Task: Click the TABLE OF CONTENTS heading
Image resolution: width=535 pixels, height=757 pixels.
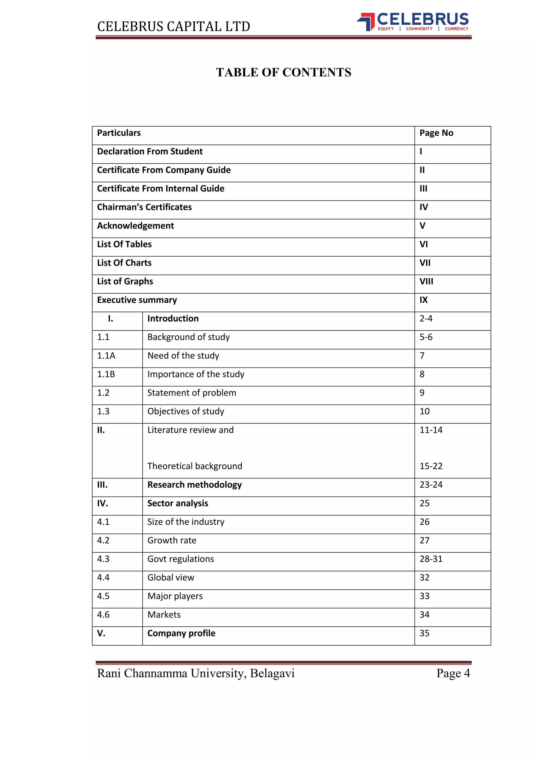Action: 283,72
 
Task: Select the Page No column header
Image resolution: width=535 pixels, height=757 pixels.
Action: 436,133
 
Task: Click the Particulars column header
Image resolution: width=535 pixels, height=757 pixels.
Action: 119,133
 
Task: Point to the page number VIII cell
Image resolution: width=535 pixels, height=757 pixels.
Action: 426,281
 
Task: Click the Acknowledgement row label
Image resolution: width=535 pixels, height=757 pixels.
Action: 135,226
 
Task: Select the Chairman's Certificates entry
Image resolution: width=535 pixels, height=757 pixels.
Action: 144,207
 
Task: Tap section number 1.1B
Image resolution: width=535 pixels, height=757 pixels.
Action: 106,374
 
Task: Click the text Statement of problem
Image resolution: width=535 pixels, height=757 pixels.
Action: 191,393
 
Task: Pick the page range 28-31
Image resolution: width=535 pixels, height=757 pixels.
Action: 431,559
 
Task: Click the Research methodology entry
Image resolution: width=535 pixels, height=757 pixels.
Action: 194,485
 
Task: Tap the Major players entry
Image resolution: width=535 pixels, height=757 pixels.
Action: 175,596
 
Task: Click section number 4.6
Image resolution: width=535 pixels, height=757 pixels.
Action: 103,615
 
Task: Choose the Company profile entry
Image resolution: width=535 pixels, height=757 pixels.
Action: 181,633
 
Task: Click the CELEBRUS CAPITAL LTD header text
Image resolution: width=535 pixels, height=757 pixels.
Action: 174,26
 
